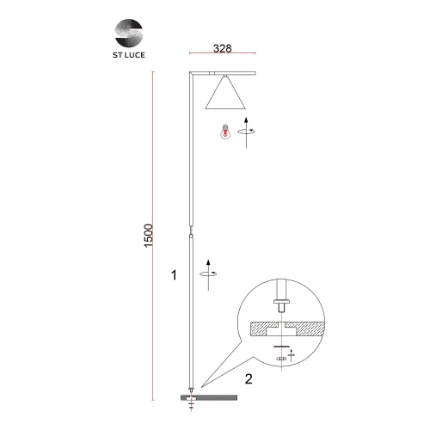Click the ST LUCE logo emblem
click(x=129, y=33)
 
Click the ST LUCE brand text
click(x=129, y=55)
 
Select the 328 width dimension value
click(x=223, y=48)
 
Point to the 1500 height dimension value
click(x=149, y=236)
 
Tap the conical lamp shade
click(x=225, y=95)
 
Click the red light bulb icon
click(x=225, y=132)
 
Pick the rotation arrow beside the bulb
click(x=246, y=132)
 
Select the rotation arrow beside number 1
click(x=208, y=274)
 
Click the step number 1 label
click(x=174, y=275)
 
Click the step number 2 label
click(x=249, y=379)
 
